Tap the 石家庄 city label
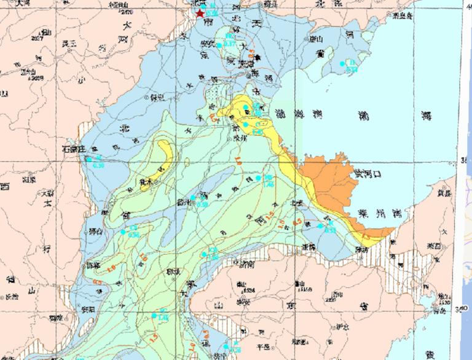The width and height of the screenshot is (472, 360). (x=73, y=149)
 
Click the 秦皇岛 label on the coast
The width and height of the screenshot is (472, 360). (x=403, y=16)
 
